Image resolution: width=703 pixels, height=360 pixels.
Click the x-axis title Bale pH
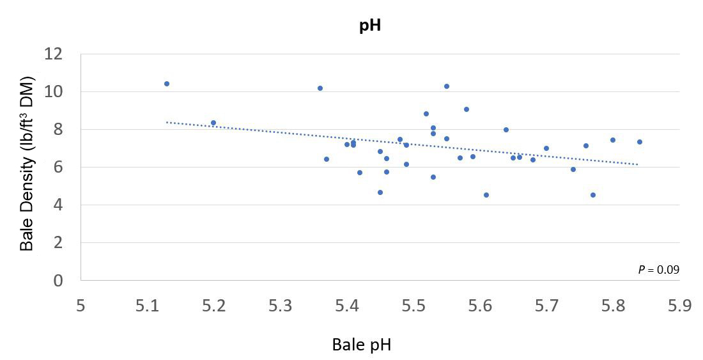tap(361, 345)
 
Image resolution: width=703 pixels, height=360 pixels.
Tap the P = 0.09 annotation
tap(658, 270)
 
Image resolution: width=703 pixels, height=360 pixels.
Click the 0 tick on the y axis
tap(58, 281)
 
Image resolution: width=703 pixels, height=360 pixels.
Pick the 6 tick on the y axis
tap(58, 168)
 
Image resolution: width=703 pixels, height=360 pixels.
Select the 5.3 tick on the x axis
tap(280, 306)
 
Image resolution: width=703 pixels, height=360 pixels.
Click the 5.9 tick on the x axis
tap(679, 306)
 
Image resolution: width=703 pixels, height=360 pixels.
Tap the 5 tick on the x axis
tap(81, 306)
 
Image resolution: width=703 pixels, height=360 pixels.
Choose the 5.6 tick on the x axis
tap(479, 306)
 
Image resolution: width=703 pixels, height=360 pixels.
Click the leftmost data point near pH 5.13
tap(167, 84)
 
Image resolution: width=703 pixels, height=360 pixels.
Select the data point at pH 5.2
tap(213, 123)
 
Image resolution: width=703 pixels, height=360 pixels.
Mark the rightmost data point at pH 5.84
tap(639, 142)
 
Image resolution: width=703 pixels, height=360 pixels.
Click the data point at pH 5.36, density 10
tap(320, 88)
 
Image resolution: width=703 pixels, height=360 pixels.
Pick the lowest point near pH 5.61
tap(486, 195)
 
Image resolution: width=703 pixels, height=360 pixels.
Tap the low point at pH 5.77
tap(593, 195)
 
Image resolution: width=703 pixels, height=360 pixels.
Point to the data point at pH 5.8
tap(612, 140)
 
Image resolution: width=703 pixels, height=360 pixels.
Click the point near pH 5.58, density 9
tap(467, 109)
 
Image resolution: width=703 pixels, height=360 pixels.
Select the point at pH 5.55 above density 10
tap(447, 86)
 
